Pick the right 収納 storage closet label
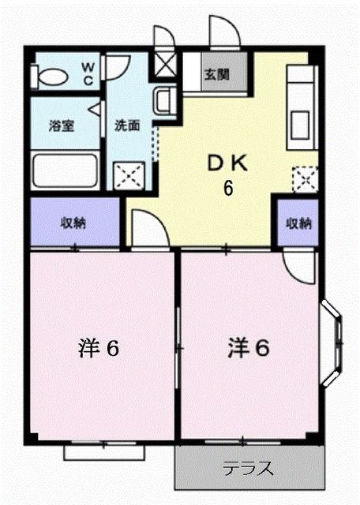(x=298, y=223)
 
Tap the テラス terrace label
(x=248, y=469)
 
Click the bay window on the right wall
(x=333, y=344)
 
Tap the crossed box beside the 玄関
(x=167, y=65)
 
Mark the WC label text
(x=88, y=71)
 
